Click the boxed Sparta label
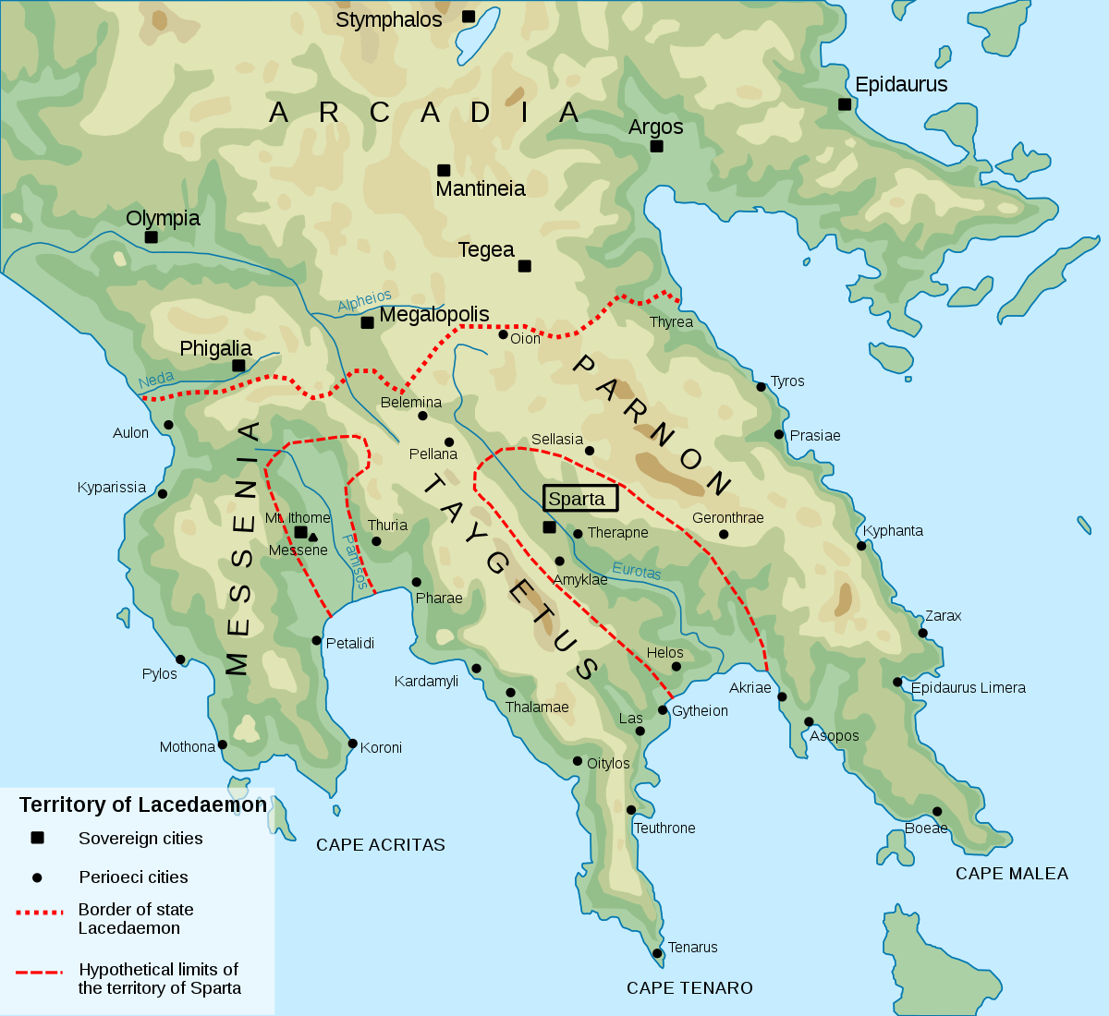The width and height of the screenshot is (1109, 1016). [579, 499]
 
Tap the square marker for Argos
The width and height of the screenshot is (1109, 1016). [656, 146]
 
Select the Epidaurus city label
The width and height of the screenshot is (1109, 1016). [901, 85]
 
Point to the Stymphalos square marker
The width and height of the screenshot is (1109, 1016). [469, 17]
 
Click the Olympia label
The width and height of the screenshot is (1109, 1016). [163, 219]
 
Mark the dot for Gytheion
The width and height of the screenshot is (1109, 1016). [663, 710]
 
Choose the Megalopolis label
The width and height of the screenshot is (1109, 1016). [434, 315]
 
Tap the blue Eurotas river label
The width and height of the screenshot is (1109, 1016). [637, 572]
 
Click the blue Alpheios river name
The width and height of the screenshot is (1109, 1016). [364, 301]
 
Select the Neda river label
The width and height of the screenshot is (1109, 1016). [156, 380]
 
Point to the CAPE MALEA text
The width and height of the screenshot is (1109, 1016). [1011, 874]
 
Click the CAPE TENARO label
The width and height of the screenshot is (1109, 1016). [689, 988]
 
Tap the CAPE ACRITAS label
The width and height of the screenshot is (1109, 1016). [380, 845]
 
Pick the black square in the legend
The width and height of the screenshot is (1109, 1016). [38, 838]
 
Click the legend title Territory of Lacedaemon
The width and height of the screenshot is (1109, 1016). [143, 805]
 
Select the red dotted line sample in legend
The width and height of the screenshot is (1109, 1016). [40, 912]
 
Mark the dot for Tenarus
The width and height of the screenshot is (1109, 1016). [657, 953]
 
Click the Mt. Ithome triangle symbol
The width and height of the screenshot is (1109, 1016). [313, 537]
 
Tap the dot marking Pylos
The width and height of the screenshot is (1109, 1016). [180, 659]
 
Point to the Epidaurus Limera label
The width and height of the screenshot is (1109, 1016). [968, 688]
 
